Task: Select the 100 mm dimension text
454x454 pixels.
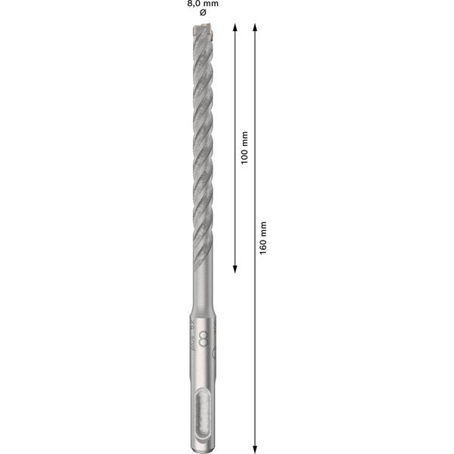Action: coord(244,148)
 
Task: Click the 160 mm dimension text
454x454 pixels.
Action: coord(263,237)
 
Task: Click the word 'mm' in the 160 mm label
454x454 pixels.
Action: coord(263,226)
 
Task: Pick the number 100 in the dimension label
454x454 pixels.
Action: coord(244,157)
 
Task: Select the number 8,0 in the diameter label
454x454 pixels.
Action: coord(193,4)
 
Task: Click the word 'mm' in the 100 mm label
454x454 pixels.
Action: coord(244,138)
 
